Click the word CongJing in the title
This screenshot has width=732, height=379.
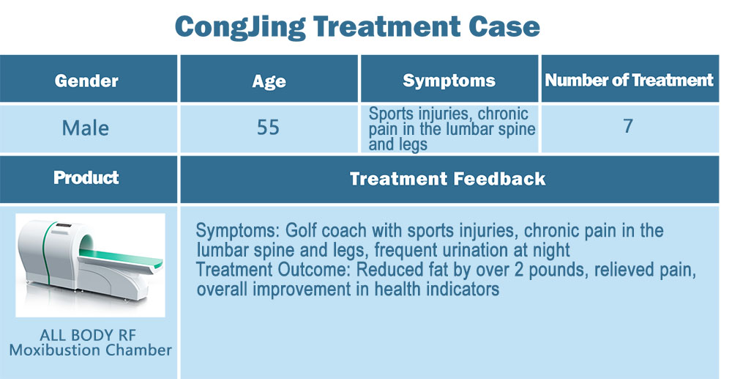pos(240,28)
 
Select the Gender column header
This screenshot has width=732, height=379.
pos(86,81)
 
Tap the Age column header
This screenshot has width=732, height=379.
pos(269,81)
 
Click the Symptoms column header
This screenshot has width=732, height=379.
pos(449,81)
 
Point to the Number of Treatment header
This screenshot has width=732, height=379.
pos(630,80)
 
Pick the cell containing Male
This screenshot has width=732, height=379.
pos(89,129)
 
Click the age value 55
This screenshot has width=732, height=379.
pos(269,128)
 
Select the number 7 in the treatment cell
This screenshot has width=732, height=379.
pos(628,126)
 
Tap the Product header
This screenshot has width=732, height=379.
pos(86,177)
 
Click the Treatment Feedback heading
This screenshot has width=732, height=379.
pos(448,179)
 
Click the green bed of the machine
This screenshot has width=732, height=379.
pos(121,258)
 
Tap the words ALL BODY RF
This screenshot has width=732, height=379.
pos(89,335)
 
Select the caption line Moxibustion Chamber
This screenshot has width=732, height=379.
pos(91,350)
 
